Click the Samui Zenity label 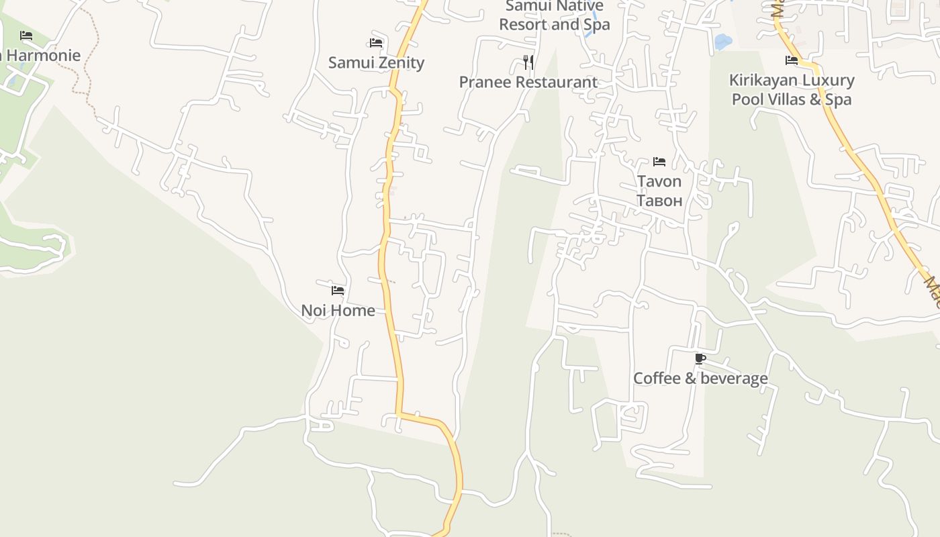tap(376, 63)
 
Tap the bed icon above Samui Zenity tap(376, 43)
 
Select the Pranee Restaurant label tap(528, 83)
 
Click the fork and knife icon tap(528, 62)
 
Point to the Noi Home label tap(338, 311)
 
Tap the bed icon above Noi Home tap(338, 291)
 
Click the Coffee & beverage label tap(700, 379)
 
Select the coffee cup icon tap(700, 358)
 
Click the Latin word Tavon tap(659, 181)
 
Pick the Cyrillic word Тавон tap(659, 200)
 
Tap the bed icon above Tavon tap(659, 162)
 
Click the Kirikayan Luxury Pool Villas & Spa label tap(792, 90)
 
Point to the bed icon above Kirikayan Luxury tap(792, 60)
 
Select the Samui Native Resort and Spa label tap(555, 15)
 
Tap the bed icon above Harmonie tap(26, 36)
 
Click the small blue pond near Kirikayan tap(722, 42)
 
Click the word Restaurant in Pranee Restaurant tap(554, 83)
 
